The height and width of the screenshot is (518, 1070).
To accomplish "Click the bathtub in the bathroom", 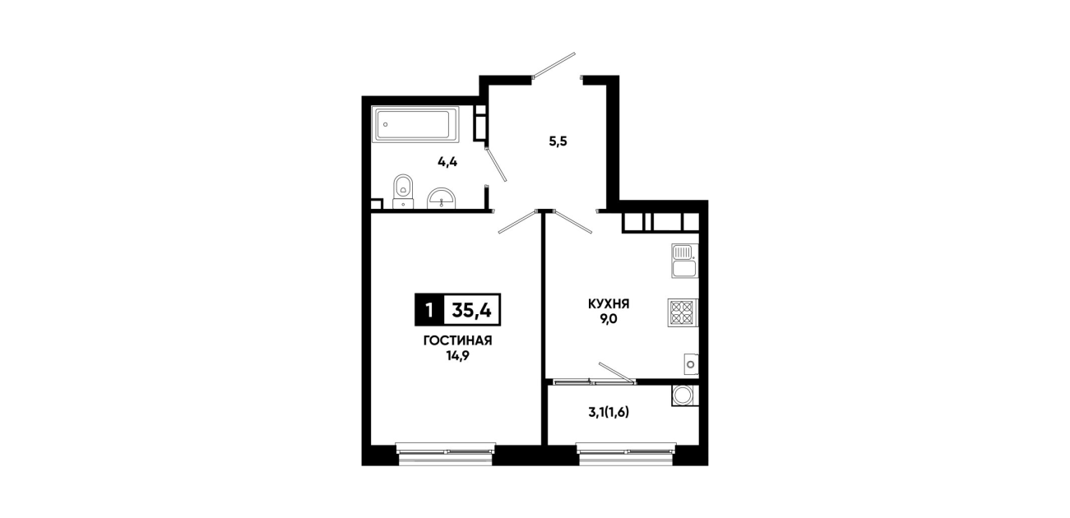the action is pos(415,125).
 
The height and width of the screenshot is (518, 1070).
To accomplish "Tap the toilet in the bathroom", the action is pos(404,192).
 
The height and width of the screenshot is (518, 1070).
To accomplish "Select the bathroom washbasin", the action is pos(442,198).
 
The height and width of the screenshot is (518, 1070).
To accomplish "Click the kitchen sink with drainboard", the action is pos(685,261).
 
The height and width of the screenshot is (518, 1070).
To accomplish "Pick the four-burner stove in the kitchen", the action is pos(683,312).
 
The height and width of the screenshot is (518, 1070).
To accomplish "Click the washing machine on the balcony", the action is pos(685,395).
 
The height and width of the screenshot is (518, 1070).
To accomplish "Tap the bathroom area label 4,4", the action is pos(447,162).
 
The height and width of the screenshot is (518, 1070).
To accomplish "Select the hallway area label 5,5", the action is pos(558,141).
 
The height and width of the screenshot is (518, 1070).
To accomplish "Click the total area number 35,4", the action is pos(472,310).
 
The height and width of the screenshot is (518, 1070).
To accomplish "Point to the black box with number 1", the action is pos(429,310).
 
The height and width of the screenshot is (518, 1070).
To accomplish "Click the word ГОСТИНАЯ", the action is pos(457,341).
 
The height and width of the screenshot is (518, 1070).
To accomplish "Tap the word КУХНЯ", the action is pos(609,304).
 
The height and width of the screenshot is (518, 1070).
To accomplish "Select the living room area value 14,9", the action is pos(457,357).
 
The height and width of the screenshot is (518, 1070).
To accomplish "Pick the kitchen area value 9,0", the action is pos(609,320).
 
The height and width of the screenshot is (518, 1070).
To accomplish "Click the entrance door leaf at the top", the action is pos(554,65).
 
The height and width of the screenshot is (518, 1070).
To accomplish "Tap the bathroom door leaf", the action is pos(496,164).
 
